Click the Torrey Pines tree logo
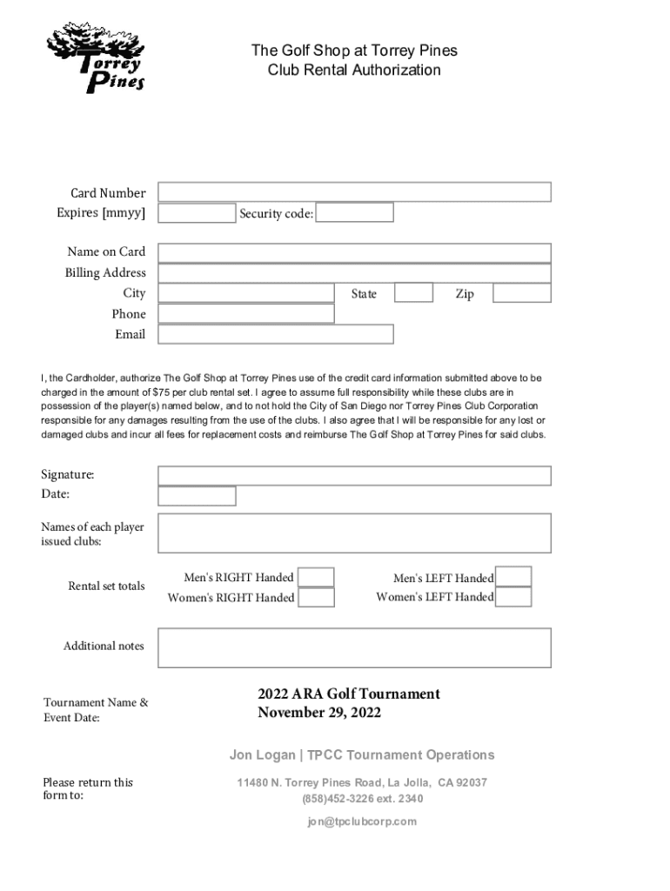click(x=96, y=57)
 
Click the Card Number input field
click(x=354, y=192)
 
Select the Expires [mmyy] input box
click(x=197, y=212)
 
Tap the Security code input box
click(x=354, y=212)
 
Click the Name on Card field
click(x=354, y=252)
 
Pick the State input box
click(x=413, y=293)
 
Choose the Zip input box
click(x=521, y=293)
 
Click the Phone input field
click(x=246, y=313)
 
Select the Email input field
click(x=276, y=334)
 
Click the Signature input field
click(x=354, y=475)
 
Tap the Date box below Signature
click(x=197, y=495)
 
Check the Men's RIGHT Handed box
click(x=317, y=577)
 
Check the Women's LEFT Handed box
click(x=514, y=597)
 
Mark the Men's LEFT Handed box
click(x=514, y=577)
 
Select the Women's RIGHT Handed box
click(x=317, y=598)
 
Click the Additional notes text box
click(x=354, y=647)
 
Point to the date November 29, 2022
click(x=319, y=713)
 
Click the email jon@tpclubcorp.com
click(x=361, y=821)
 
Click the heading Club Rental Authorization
click(x=354, y=70)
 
